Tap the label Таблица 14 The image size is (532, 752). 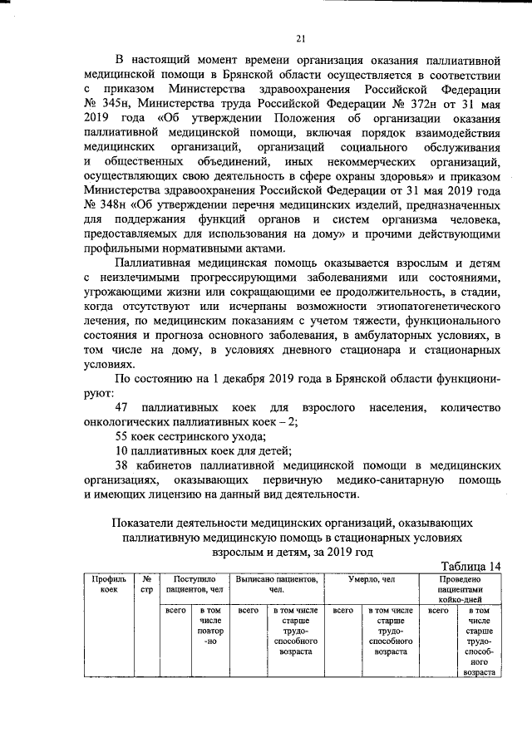[x=469, y=565]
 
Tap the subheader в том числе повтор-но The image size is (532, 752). [x=212, y=630]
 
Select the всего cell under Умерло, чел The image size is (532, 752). [x=343, y=611]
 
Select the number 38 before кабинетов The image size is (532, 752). [x=123, y=466]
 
